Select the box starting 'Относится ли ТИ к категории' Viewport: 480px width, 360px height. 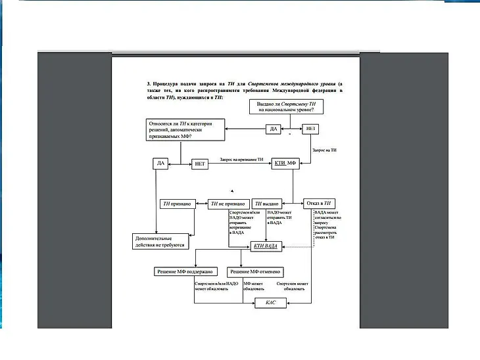point(186,129)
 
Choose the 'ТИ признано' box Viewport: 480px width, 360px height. point(176,204)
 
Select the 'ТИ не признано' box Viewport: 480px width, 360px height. point(228,204)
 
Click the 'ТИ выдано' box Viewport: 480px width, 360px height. point(267,204)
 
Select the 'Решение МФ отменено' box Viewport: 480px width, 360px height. point(255,271)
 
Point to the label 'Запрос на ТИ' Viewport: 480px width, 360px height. point(325,150)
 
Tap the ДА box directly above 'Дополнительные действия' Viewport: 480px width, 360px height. point(160,163)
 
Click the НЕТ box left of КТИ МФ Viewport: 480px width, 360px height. point(199,164)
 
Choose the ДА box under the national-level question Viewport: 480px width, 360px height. point(274,129)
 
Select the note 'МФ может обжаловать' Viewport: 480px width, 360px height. point(254,286)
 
